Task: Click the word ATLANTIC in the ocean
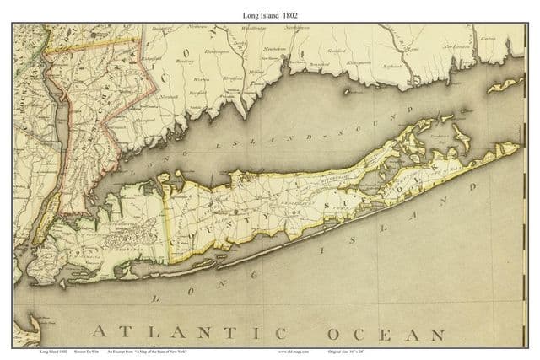pos(186,329)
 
